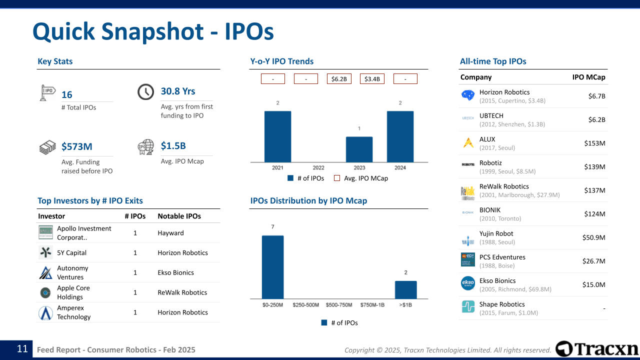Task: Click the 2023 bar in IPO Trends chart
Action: [x=359, y=149]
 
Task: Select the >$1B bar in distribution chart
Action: [x=405, y=289]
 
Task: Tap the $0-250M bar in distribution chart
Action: [x=272, y=267]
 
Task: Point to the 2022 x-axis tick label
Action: [x=318, y=168]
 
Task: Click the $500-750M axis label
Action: [x=339, y=305]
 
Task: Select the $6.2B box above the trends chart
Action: [x=339, y=79]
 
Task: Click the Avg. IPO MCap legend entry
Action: [x=361, y=178]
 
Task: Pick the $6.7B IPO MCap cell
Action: [x=596, y=96]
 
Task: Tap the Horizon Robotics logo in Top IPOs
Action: [x=468, y=95]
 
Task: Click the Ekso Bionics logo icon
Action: [x=468, y=283]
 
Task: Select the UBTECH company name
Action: [x=491, y=115]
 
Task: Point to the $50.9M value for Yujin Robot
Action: [x=594, y=237]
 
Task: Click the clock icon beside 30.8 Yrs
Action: [x=145, y=92]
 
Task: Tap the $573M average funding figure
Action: [x=77, y=146]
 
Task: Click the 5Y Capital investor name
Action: [x=72, y=253]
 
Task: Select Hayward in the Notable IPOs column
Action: [x=170, y=233]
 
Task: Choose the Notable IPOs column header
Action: [x=179, y=216]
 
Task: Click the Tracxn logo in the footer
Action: [x=597, y=349]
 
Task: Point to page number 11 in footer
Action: [x=22, y=349]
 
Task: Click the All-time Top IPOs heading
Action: [x=493, y=61]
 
